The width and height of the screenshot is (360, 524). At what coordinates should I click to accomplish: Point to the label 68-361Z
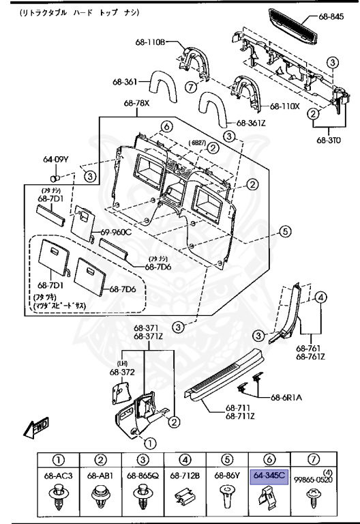[252, 123]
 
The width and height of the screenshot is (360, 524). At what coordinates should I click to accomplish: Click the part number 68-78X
[136, 104]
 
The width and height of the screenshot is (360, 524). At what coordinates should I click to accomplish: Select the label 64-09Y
[55, 160]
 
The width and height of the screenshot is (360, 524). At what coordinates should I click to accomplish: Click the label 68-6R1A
[286, 396]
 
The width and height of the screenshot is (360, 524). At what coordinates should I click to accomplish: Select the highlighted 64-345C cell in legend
[269, 474]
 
